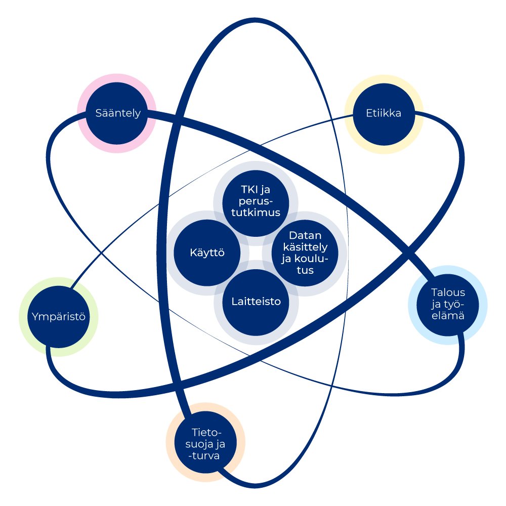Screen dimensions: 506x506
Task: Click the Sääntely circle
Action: [x=117, y=113]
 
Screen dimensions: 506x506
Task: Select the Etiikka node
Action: [x=383, y=113]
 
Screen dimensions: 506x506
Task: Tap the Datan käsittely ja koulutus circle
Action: [x=306, y=252]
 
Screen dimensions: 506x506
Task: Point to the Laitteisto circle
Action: [x=256, y=302]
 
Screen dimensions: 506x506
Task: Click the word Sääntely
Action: [x=117, y=113]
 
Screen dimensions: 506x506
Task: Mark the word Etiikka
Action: [x=383, y=113]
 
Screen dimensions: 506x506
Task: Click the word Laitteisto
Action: [x=256, y=302]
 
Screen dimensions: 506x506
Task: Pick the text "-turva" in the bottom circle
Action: [x=206, y=457]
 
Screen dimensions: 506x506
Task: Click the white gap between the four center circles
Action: [x=256, y=252]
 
